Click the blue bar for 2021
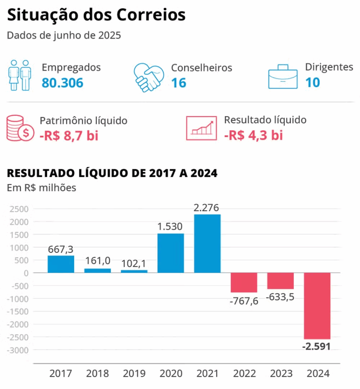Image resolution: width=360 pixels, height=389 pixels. [x=207, y=244]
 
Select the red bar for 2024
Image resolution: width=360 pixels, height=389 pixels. [x=317, y=305]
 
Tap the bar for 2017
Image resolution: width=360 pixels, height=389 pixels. [x=61, y=264]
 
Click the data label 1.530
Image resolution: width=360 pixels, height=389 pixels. [x=171, y=226]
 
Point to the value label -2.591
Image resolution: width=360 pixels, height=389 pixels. [x=316, y=346]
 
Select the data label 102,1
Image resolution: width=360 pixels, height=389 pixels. [x=134, y=263]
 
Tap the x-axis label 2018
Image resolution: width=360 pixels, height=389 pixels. [x=97, y=373]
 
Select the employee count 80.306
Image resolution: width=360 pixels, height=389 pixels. [x=62, y=82]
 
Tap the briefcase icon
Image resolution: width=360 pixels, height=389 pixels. [x=282, y=77]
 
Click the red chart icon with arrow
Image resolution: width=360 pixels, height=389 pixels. [x=201, y=128]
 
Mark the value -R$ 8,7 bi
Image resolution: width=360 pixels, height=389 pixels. [x=69, y=135]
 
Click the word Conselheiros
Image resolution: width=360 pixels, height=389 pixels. [x=201, y=68]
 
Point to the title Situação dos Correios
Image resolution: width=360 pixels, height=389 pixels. [x=96, y=15]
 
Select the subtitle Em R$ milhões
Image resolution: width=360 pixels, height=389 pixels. [x=41, y=188]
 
